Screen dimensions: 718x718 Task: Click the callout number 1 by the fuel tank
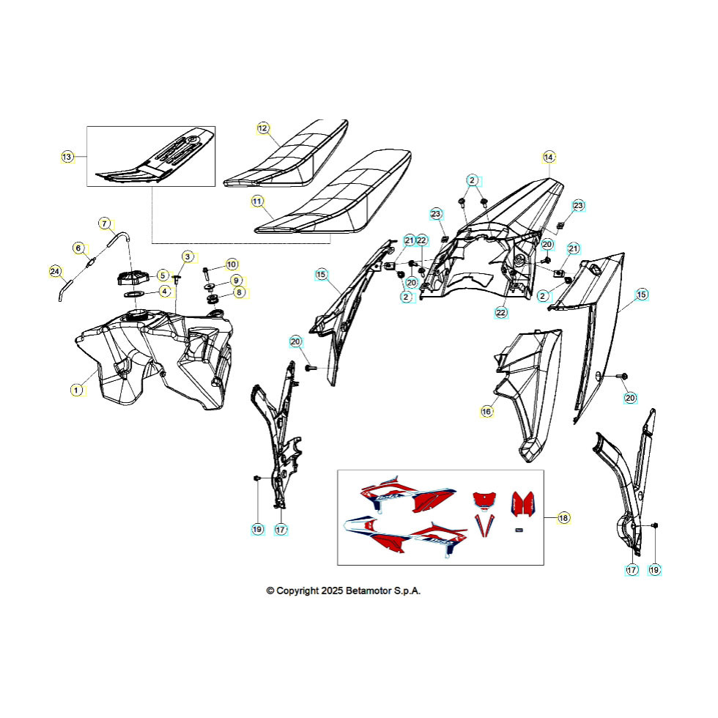click(x=76, y=390)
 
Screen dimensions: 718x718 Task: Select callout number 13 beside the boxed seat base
click(x=67, y=157)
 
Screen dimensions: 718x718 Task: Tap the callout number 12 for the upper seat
click(x=263, y=128)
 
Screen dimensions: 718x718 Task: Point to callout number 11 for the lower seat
click(x=257, y=201)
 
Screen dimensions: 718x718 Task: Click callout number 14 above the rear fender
click(x=549, y=157)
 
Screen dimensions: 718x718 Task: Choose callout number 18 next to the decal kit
click(x=563, y=518)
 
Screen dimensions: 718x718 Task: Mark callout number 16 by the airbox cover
click(x=486, y=412)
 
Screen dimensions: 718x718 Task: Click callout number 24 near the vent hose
click(x=55, y=272)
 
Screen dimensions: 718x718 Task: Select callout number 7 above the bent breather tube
click(x=105, y=223)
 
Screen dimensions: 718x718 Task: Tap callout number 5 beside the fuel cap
click(x=163, y=275)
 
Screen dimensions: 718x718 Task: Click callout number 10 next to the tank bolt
click(x=232, y=264)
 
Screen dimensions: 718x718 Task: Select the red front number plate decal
click(x=485, y=499)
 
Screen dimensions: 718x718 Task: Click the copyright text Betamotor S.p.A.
click(x=382, y=591)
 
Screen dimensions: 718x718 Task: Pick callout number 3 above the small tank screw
click(x=188, y=256)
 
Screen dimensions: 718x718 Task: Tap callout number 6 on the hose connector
click(x=78, y=248)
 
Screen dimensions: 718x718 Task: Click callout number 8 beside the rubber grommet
click(x=239, y=292)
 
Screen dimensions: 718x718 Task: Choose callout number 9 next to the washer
click(x=236, y=280)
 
